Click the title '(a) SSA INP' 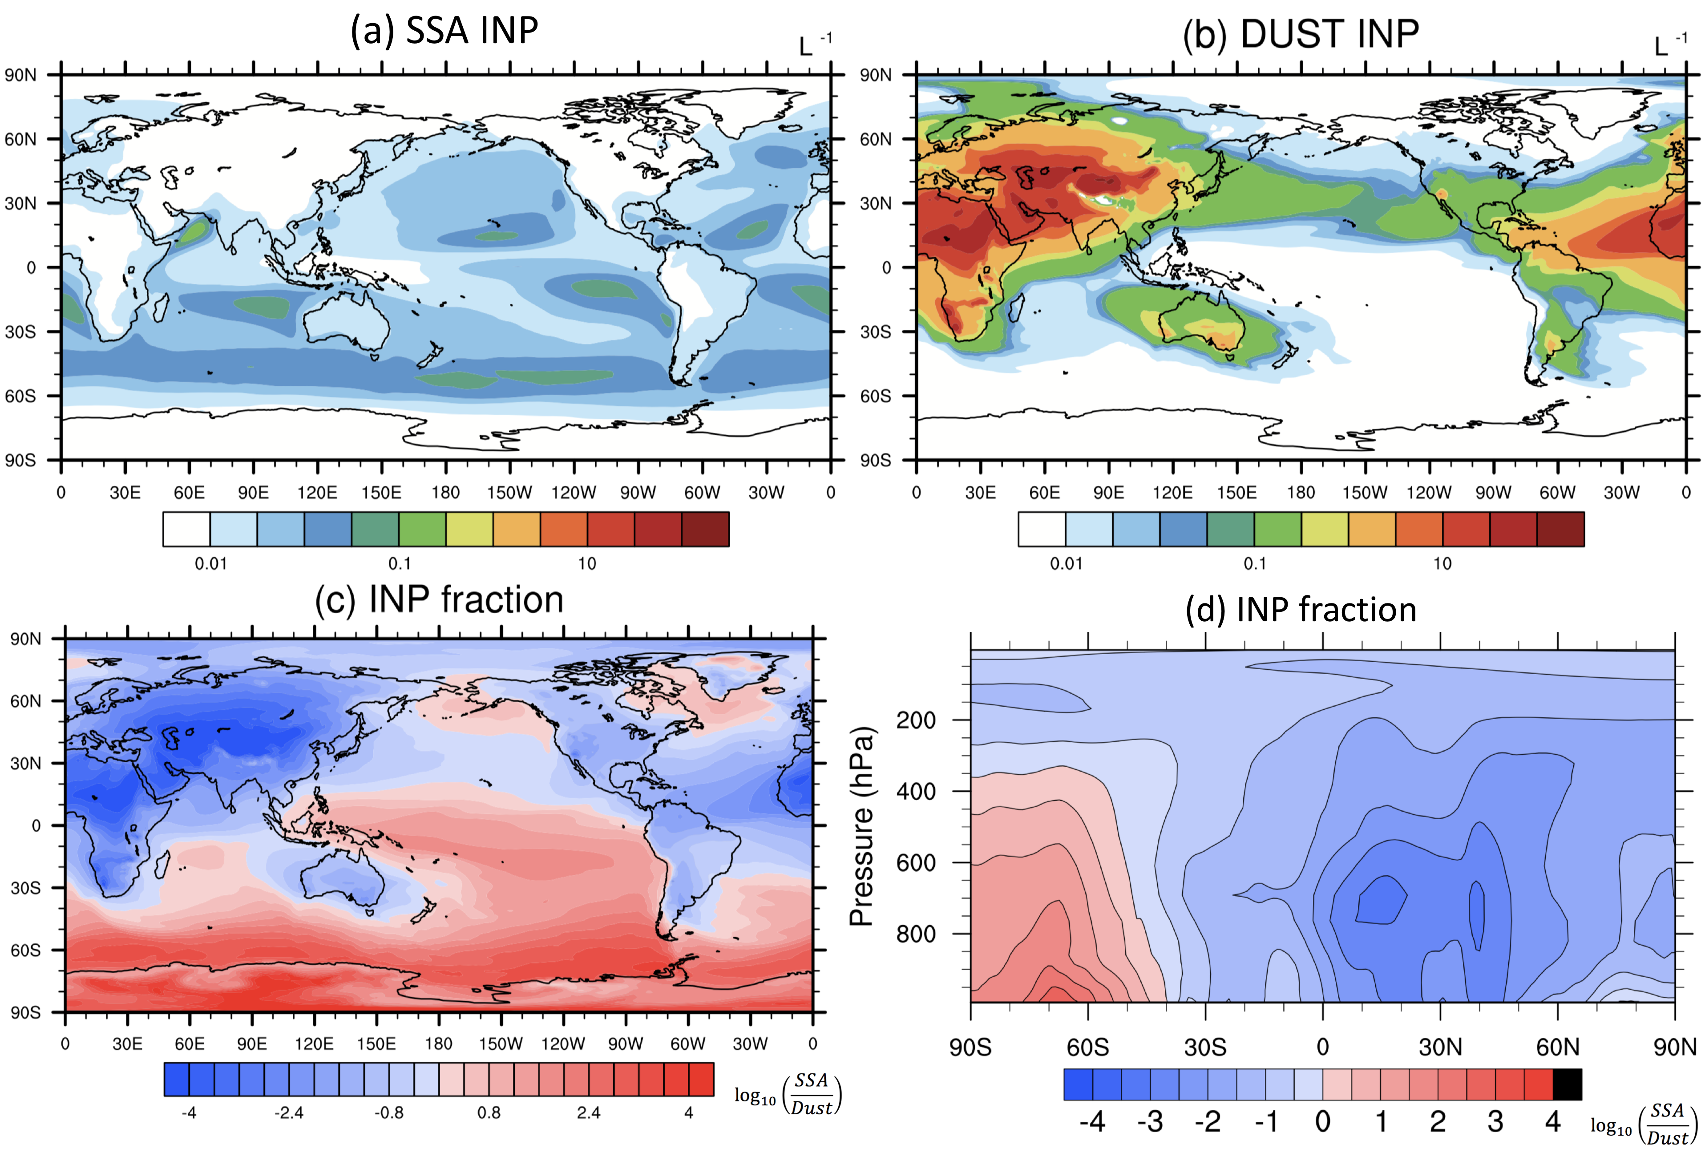coord(444,31)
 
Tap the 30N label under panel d coord(1440,1047)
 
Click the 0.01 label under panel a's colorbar coord(211,564)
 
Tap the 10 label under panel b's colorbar coord(1442,564)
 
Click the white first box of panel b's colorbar coord(1041,529)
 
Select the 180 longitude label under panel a coord(445,493)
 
